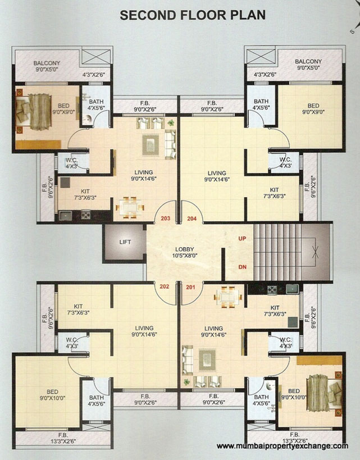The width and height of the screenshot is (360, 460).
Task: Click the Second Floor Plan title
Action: (192, 15)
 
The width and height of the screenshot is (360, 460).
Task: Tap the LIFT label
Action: (125, 243)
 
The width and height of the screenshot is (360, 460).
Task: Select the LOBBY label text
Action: (184, 248)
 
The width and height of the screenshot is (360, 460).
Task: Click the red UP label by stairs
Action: (243, 239)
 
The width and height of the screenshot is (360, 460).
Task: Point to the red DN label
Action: (243, 267)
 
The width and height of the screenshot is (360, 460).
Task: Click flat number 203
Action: (165, 218)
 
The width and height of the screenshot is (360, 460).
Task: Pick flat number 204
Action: (193, 218)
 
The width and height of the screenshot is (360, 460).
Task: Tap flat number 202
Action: (164, 286)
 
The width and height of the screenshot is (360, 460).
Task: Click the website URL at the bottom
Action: (282, 446)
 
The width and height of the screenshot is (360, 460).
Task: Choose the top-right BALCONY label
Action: (308, 61)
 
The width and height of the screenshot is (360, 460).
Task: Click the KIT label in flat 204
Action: (274, 190)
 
